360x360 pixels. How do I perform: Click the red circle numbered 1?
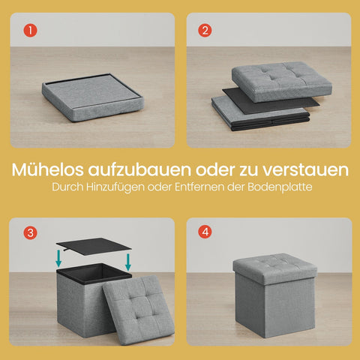(30, 31)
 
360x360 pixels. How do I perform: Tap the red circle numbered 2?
(204, 31)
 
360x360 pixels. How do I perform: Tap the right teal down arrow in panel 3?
(129, 262)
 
